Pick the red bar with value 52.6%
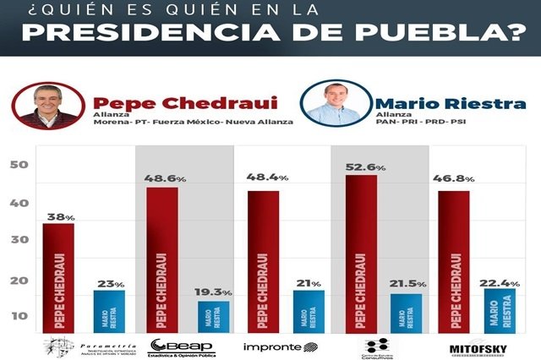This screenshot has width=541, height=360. point(360,254)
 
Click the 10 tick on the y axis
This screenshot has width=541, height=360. point(18,316)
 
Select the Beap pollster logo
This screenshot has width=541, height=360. point(182,346)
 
